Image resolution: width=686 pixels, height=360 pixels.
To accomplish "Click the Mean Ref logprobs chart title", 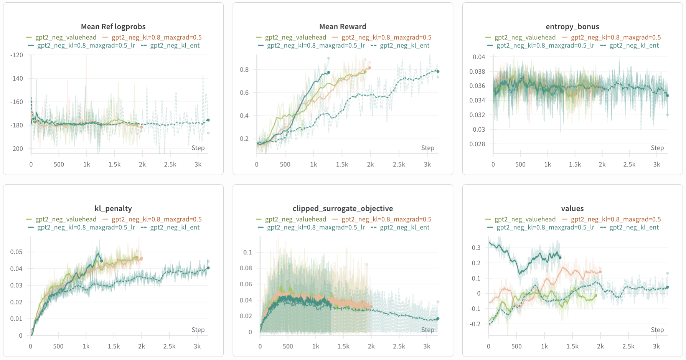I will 113,26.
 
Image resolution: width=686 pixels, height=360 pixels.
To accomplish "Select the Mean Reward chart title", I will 343,26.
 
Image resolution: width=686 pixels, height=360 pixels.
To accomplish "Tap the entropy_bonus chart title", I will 572,26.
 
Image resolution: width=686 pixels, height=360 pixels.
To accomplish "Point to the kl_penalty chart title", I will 113,208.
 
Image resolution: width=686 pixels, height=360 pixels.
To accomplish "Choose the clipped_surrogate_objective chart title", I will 343,208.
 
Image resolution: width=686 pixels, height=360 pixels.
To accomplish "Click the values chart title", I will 572,208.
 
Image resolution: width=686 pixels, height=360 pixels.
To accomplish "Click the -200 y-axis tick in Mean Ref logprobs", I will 16,149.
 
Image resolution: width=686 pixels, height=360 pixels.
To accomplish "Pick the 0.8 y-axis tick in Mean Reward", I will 244,69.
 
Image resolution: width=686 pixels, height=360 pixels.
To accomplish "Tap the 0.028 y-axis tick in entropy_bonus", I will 477,144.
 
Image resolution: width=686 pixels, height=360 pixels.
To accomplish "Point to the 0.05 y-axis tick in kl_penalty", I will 16,252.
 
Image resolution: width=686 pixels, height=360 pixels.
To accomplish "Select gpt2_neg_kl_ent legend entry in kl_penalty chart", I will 175,227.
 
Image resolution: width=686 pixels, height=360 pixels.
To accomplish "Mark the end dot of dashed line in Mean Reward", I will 438,71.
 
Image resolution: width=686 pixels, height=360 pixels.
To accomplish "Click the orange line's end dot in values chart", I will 600,272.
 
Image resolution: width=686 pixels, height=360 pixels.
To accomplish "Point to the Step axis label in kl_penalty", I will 198,330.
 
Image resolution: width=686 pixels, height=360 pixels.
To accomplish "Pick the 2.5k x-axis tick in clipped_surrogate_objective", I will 399,346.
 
